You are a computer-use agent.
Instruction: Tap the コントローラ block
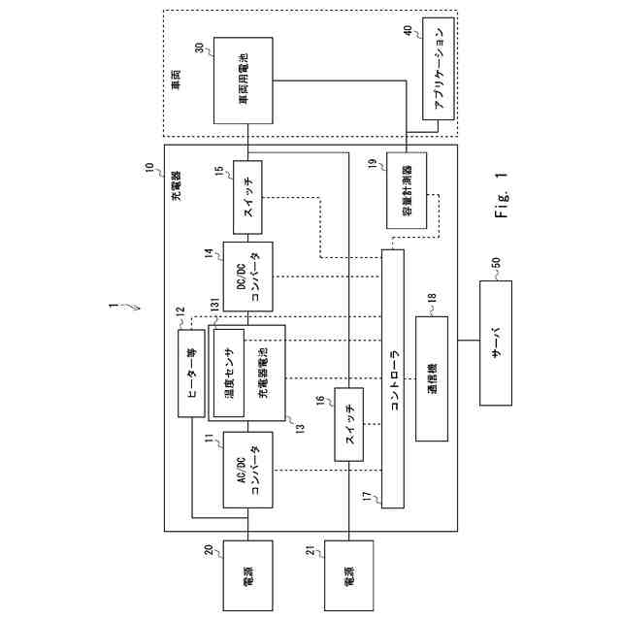pos(393,378)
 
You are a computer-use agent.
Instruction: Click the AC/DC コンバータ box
pos(247,470)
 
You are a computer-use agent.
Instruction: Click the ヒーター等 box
pos(190,373)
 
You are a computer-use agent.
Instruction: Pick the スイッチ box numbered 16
pos(348,424)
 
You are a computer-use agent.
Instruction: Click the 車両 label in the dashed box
pos(176,85)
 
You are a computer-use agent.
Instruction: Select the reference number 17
pos(367,497)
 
